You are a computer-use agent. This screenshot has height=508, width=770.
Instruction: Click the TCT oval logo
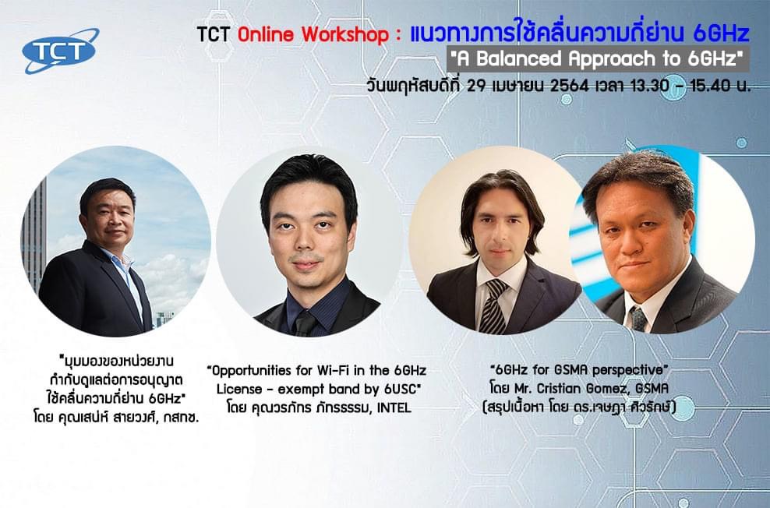[61, 51]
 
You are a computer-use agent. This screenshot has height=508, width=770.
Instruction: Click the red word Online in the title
[266, 34]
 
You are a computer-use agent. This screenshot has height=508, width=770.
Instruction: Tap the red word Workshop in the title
[344, 34]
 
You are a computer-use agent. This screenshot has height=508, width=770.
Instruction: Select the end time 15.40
[709, 86]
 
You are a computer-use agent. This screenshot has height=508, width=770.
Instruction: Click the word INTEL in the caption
[394, 407]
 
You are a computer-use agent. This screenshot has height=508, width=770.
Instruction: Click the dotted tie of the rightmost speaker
[638, 319]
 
